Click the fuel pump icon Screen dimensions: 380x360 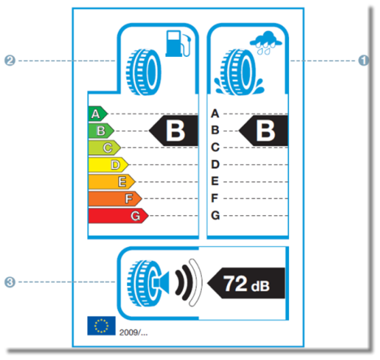[x=178, y=44]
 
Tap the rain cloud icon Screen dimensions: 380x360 [x=266, y=43]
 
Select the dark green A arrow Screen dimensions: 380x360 [x=98, y=114]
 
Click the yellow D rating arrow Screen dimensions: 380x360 [x=108, y=165]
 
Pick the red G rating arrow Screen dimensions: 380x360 [x=118, y=216]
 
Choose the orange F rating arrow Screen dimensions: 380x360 [x=115, y=199]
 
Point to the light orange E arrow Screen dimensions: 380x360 [x=111, y=182]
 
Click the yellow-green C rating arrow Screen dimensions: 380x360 [x=104, y=148]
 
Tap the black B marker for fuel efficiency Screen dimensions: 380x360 [x=174, y=131]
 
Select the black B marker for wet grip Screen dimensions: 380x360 [x=264, y=131]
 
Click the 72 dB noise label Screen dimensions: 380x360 [x=246, y=283]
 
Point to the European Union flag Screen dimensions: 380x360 [x=102, y=326]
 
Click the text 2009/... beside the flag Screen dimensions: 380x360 [x=133, y=332]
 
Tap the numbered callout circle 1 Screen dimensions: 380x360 [x=364, y=60]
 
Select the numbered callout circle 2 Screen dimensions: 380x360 [x=10, y=60]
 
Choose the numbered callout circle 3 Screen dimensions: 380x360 [x=10, y=282]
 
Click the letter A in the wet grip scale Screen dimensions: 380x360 [x=215, y=114]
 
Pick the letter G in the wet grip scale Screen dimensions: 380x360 [x=216, y=215]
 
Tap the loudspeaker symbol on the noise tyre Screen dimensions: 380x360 [x=162, y=283]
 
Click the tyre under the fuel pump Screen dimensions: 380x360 [x=143, y=72]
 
